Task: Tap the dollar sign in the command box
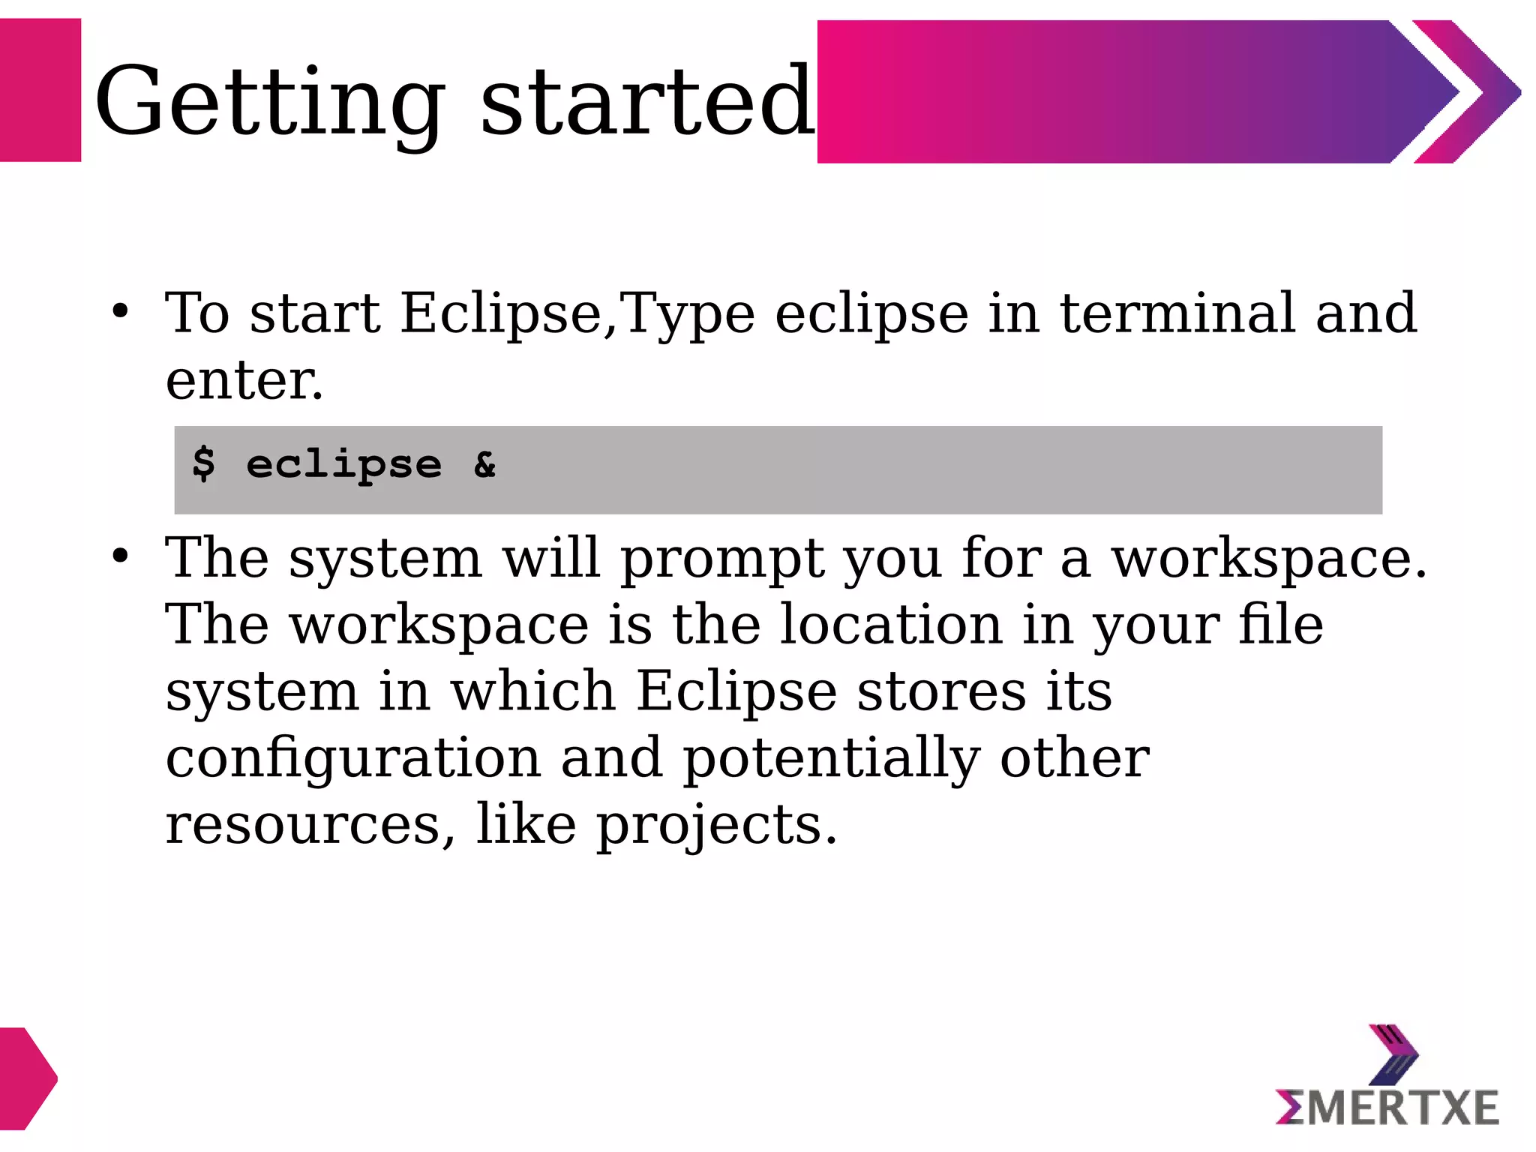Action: [203, 463]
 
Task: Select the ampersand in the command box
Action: [485, 465]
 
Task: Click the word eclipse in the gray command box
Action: [344, 465]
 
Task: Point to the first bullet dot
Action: [121, 310]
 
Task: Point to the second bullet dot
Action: [121, 556]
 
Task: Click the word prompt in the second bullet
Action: [721, 559]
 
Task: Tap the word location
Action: [891, 624]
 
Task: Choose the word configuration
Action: [353, 757]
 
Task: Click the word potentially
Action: [831, 757]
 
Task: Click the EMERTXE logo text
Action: [1387, 1107]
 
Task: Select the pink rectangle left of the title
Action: [40, 90]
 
